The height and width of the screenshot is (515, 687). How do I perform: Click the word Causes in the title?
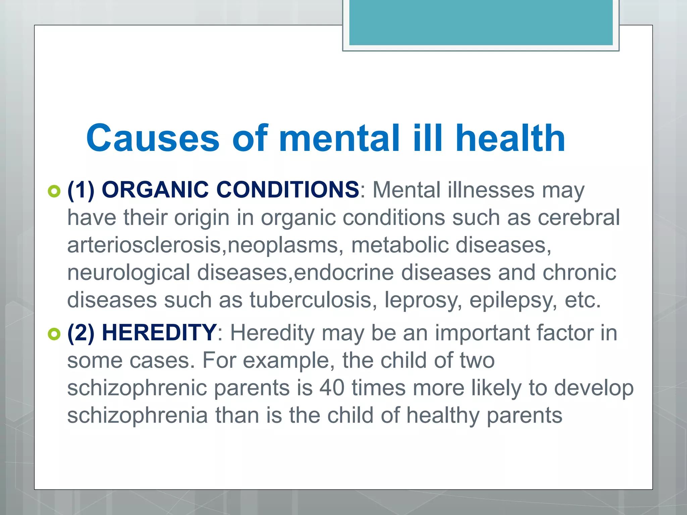tap(153, 138)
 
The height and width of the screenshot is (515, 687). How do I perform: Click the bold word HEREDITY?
tap(159, 333)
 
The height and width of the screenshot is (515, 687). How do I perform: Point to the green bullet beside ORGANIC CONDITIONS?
tap(54, 191)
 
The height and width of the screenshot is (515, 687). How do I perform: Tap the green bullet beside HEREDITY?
tap(54, 334)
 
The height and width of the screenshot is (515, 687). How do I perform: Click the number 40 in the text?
tap(332, 388)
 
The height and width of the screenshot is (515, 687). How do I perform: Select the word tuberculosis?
tap(311, 300)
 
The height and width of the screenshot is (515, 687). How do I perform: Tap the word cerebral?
tap(579, 218)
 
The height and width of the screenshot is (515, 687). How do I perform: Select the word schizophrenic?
tap(137, 388)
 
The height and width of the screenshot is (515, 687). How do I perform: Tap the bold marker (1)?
tap(81, 190)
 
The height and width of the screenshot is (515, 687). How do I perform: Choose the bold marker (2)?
tap(81, 333)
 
